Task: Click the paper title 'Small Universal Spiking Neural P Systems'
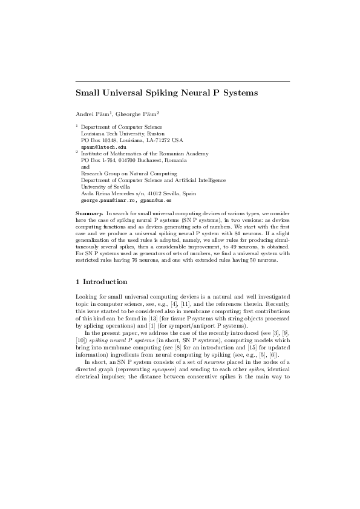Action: click(x=166, y=93)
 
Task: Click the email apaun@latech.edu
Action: click(x=103, y=147)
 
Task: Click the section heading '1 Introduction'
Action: click(x=101, y=282)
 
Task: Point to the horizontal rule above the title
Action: click(x=182, y=81)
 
